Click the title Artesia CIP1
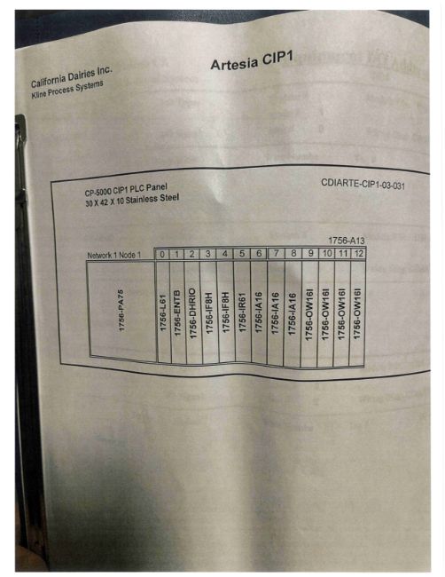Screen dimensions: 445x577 [x=252, y=60]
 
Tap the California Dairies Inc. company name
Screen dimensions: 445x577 [x=72, y=77]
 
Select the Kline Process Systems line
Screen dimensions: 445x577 [x=67, y=90]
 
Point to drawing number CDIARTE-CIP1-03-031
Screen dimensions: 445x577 [x=363, y=184]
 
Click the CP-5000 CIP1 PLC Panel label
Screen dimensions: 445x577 [x=126, y=190]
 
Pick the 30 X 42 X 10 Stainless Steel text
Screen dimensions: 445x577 [x=132, y=201]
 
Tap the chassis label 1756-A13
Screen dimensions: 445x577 [x=347, y=241]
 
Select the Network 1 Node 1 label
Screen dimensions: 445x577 [x=114, y=255]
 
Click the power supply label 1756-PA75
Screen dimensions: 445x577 [x=121, y=310]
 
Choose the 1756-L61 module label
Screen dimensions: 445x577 [x=163, y=312]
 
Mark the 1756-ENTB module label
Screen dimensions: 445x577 [x=178, y=312]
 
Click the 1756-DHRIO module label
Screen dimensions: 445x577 [x=193, y=313]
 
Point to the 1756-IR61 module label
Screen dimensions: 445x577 [x=243, y=312]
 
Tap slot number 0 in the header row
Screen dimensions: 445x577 [x=162, y=254]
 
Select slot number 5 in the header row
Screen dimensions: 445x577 [x=242, y=254]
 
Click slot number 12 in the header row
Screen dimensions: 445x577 [x=359, y=253]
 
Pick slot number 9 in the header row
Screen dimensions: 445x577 [x=311, y=253]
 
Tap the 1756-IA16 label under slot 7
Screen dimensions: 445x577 [x=276, y=313]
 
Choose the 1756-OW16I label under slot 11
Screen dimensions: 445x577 [x=342, y=314]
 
